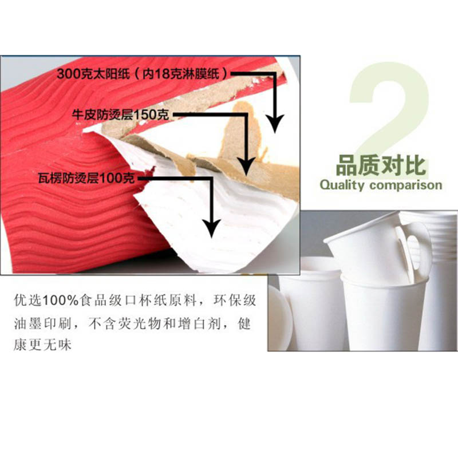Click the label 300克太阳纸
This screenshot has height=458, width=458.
coord(93,73)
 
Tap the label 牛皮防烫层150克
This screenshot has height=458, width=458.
coord(121,114)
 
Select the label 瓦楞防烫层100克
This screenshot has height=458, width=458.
coord(86,178)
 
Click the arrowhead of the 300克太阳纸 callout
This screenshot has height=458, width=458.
coord(275,123)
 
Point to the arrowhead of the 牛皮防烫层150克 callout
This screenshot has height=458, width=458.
coord(246,166)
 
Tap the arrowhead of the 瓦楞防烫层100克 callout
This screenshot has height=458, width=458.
coord(211,228)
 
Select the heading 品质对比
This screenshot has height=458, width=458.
coord(381,165)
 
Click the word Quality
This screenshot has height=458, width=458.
coord(342,185)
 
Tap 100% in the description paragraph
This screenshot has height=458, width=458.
coord(61,300)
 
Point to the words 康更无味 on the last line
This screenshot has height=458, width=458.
coord(42,345)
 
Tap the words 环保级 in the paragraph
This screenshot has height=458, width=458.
coord(235,300)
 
